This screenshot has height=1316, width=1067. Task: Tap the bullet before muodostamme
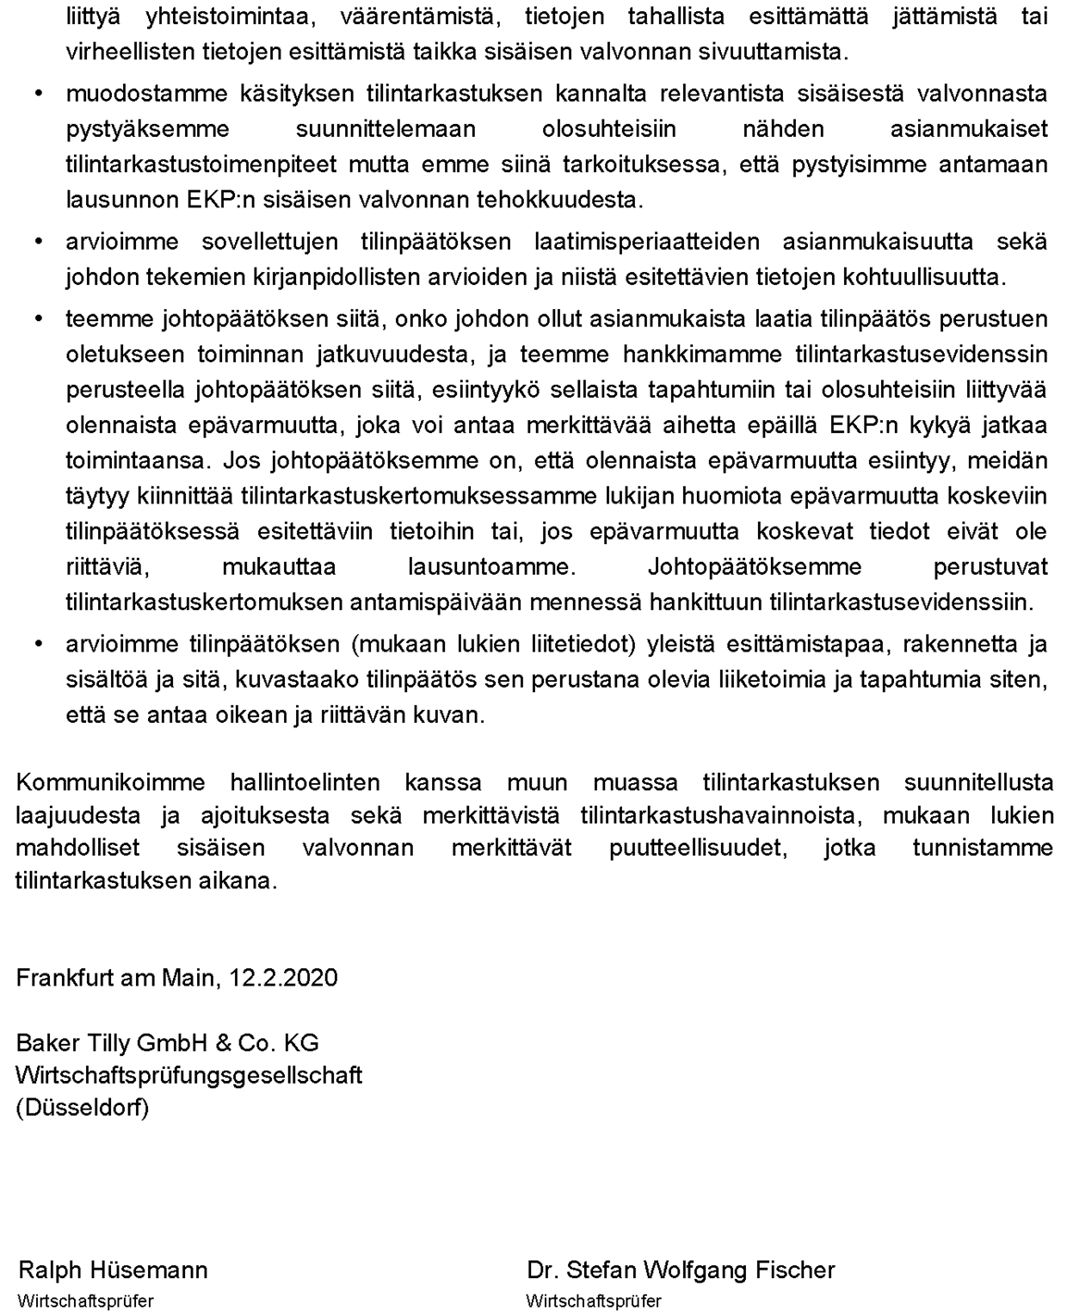pyautogui.click(x=38, y=93)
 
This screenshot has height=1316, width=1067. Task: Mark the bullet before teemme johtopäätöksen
pyautogui.click(x=38, y=319)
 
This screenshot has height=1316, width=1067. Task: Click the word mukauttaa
pyautogui.click(x=279, y=567)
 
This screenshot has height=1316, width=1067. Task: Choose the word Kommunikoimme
pyautogui.click(x=110, y=782)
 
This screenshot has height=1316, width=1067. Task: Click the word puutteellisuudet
pyautogui.click(x=698, y=848)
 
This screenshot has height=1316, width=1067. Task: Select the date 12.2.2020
pyautogui.click(x=283, y=978)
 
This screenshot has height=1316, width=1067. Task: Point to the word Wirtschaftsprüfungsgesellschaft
pyautogui.click(x=188, y=1076)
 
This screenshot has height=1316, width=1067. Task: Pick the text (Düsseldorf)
pyautogui.click(x=83, y=1108)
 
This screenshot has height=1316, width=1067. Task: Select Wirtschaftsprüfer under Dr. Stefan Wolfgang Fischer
pyautogui.click(x=594, y=1301)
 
